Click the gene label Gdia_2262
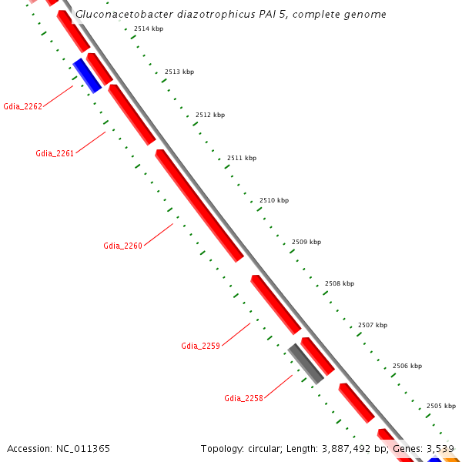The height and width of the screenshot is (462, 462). tap(23, 106)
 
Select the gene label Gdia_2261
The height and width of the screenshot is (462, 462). tap(55, 153)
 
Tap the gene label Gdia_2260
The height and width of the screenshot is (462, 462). tap(123, 246)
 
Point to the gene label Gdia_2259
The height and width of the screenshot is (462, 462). tap(201, 346)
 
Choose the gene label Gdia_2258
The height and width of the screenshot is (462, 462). tap(243, 398)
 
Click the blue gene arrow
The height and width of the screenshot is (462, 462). tap(87, 75)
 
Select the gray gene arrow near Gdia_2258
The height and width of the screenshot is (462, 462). tap(306, 363)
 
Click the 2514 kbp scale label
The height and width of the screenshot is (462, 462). tap(148, 28)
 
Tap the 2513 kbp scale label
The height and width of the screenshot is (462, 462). tap(179, 72)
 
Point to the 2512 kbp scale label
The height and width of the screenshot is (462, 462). tap(209, 115)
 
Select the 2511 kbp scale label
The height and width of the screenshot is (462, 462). tap(241, 158)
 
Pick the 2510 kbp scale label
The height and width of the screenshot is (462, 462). tap(273, 200)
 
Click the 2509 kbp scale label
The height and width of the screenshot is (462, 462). tap(306, 242)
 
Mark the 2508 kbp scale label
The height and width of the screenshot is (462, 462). tap(339, 283)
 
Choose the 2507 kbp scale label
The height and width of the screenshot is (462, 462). tap(372, 325)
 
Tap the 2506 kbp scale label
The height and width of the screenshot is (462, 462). tap(407, 366)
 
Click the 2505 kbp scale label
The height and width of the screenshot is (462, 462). tap(440, 406)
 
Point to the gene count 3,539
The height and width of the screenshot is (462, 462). tap(440, 448)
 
